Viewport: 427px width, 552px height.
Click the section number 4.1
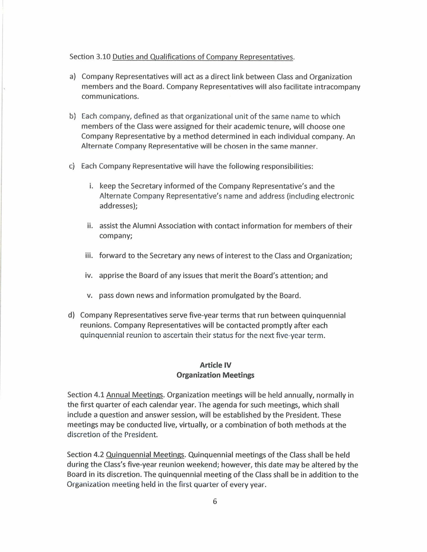pos(99,395)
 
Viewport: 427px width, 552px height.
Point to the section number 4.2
pos(99,455)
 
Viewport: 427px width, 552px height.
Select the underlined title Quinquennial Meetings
pos(145,455)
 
